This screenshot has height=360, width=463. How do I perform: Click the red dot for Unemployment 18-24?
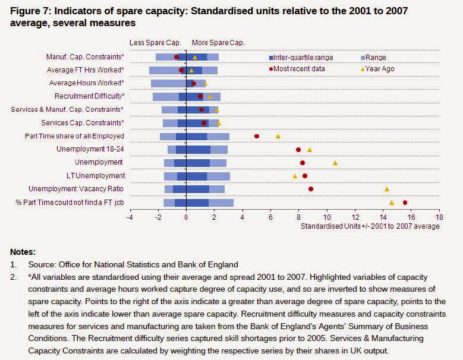click(298, 150)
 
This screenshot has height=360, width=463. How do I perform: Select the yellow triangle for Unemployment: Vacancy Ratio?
click(387, 189)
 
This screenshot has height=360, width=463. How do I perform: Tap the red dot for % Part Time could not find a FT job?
click(405, 203)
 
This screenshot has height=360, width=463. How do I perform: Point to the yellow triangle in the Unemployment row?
click(335, 163)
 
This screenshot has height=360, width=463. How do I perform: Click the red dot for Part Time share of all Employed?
click(257, 136)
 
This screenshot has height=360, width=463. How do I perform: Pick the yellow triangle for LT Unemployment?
click(295, 176)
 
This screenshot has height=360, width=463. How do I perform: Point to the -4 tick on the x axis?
click(130, 217)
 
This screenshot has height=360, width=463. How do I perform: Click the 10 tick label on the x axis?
click(327, 217)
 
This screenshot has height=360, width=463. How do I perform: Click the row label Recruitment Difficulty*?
click(90, 96)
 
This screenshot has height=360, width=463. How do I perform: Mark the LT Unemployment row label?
click(96, 176)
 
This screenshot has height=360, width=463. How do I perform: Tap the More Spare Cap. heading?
click(218, 43)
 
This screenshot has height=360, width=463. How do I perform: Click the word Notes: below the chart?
click(23, 252)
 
